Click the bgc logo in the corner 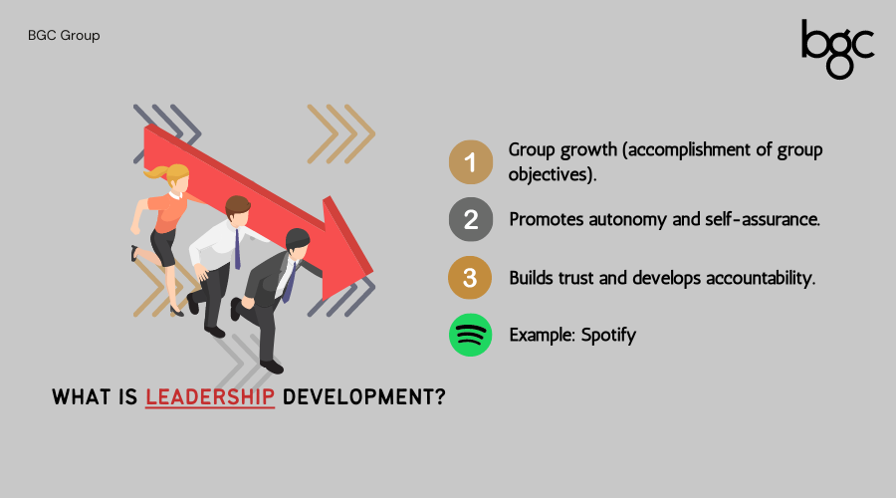[837, 49]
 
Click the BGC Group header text [64, 36]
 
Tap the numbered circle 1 [470, 162]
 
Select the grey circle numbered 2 [470, 219]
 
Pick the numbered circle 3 [470, 278]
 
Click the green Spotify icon [470, 335]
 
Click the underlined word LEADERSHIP [210, 396]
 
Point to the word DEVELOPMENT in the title [363, 396]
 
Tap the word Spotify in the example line [608, 335]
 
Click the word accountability [761, 278]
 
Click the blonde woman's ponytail [153, 171]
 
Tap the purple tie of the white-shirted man [237, 249]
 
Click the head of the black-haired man [297, 240]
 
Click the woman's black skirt [164, 247]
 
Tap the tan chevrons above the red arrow [341, 134]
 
